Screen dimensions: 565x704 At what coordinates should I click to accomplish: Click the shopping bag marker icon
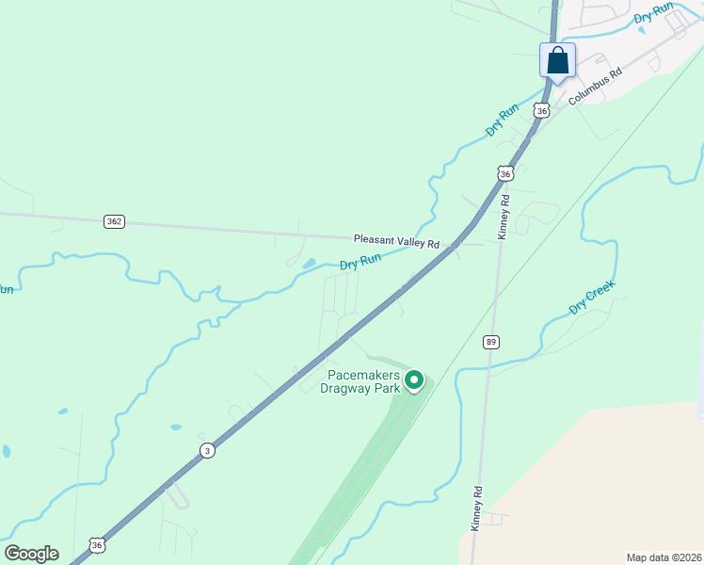tap(558, 61)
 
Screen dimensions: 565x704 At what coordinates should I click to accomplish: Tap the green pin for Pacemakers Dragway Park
tap(413, 379)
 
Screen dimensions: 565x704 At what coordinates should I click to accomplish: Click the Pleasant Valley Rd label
tap(396, 243)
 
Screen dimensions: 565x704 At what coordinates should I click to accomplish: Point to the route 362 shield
tap(114, 221)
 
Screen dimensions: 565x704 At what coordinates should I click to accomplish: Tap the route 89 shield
tap(491, 342)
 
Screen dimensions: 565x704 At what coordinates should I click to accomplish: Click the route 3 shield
tap(207, 451)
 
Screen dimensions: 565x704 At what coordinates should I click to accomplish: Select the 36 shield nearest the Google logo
tap(97, 544)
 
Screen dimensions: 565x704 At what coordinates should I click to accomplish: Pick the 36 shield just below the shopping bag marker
tap(541, 110)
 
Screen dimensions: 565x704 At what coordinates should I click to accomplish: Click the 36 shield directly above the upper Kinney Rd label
tap(505, 174)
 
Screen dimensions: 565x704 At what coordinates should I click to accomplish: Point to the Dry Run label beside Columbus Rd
tap(654, 13)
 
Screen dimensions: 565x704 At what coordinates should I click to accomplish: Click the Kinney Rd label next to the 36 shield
tap(504, 216)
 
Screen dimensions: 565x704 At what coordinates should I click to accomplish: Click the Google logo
tap(31, 554)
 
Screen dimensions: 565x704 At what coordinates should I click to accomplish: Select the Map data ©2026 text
tap(664, 557)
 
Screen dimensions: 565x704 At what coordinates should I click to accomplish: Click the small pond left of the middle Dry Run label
tap(310, 264)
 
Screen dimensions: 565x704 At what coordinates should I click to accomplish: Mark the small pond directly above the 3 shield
tap(176, 427)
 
